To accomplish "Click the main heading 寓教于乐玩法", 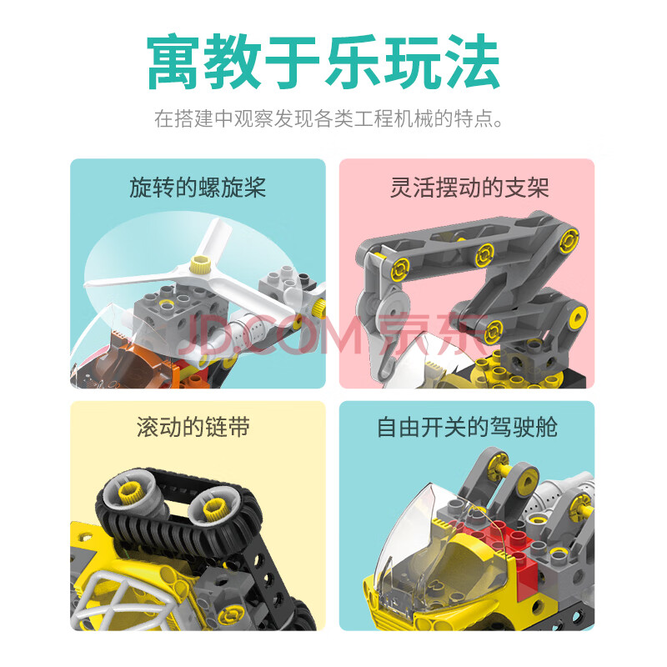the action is pos(323,62).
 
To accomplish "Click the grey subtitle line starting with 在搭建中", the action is pos(328,118).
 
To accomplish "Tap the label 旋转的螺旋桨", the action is pos(198,187).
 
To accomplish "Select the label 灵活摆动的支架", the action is pos(469,187).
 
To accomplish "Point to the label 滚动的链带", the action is pos(193,427).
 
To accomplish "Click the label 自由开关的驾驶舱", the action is pos(467,427).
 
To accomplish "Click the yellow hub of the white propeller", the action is pos(198,265).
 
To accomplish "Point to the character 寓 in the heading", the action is pos(173,62).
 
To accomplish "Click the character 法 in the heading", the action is pos(472,62).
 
